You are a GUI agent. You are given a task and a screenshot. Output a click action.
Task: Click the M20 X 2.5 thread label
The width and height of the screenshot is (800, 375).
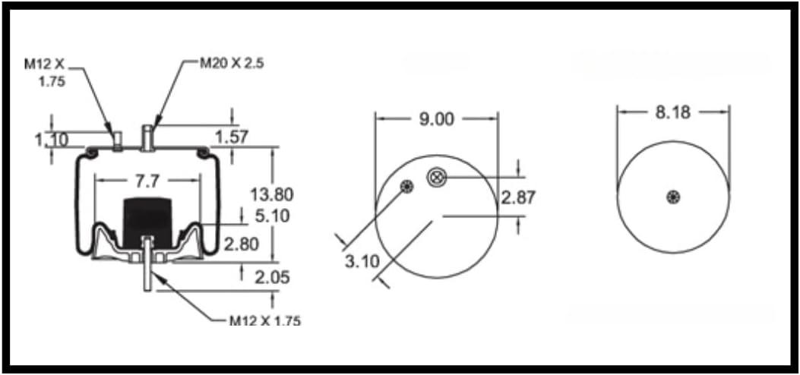click(231, 63)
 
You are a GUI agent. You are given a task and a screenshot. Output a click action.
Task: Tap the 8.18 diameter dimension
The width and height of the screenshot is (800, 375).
click(672, 112)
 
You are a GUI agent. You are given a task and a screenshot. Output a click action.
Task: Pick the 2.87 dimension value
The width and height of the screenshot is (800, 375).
click(518, 197)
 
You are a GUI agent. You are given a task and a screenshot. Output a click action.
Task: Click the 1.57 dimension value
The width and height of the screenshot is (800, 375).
click(232, 136)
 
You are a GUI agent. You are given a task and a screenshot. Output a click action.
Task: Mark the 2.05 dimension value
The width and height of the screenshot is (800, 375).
click(270, 277)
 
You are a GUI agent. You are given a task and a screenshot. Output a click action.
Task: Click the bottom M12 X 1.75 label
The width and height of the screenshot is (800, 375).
click(265, 320)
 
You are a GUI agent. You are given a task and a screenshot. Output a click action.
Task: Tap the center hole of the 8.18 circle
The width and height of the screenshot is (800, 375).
click(673, 197)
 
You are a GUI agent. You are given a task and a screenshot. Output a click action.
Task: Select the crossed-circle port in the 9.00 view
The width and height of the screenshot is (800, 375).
click(436, 177)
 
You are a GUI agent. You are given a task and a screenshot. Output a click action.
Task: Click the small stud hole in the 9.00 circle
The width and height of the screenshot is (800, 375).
click(408, 187)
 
